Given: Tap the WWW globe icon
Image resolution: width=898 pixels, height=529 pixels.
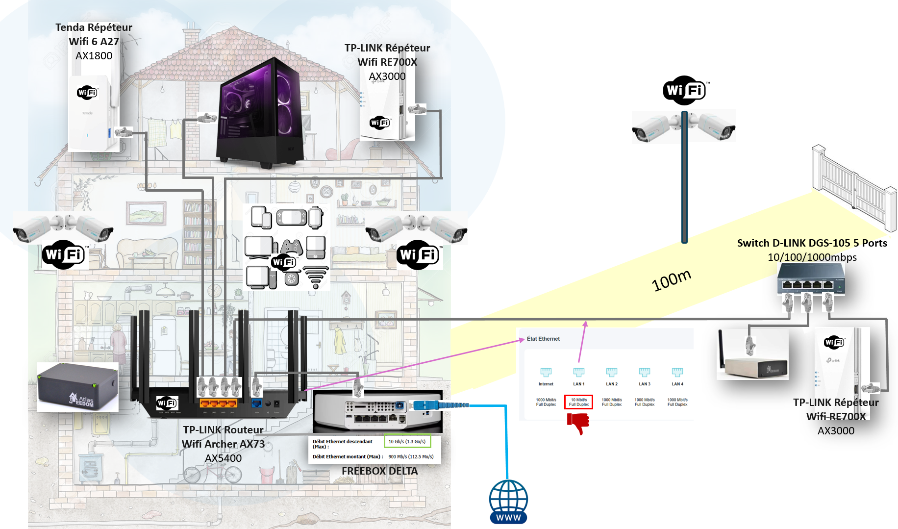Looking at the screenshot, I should click(508, 502).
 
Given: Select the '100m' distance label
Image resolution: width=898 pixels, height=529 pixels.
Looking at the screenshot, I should click(671, 280).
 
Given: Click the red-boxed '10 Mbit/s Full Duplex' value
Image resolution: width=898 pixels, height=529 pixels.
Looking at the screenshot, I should click(578, 402).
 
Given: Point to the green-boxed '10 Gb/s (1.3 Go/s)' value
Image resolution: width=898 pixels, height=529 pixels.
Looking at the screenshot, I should click(407, 441).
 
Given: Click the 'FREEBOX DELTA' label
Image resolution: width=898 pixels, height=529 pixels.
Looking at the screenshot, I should click(379, 471).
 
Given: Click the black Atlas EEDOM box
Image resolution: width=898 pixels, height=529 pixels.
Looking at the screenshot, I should click(77, 387).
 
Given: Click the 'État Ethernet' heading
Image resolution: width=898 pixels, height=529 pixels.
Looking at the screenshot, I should click(543, 339).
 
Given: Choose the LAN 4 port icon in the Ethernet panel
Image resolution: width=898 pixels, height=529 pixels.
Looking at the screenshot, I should click(677, 372).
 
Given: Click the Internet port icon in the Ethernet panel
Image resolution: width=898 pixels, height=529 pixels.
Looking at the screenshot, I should click(546, 372).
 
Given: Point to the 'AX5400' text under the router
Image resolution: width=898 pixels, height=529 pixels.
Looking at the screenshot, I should click(223, 458).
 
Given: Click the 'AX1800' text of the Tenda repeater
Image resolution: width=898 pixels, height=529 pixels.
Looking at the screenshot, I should click(94, 56).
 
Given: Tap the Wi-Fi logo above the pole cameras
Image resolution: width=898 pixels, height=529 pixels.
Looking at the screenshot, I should click(684, 90).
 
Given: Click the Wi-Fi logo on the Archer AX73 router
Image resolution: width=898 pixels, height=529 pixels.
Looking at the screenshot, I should click(167, 403).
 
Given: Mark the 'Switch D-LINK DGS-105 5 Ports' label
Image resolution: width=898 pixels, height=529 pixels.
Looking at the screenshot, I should click(812, 243).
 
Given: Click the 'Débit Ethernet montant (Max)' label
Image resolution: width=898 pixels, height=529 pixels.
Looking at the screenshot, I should click(347, 456).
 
